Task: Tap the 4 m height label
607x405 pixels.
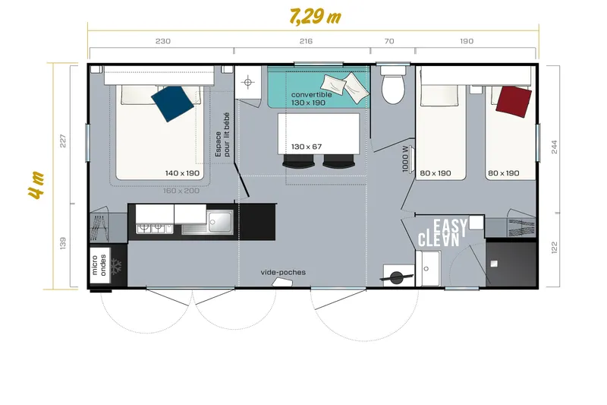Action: coord(35,185)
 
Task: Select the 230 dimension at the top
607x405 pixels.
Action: coord(162,41)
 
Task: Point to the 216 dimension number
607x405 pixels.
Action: coord(306,41)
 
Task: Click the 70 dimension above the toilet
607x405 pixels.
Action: coord(390,41)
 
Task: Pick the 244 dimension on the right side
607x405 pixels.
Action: coord(555,147)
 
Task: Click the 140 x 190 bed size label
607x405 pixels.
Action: coord(182,173)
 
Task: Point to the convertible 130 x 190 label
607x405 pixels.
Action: coord(312,99)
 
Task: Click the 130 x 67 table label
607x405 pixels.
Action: coord(307,146)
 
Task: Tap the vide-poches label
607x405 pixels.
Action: coord(283,272)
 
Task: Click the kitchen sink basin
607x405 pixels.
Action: coord(222,222)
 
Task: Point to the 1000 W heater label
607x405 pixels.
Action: coord(406,159)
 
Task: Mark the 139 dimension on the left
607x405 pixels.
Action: coord(63,244)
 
